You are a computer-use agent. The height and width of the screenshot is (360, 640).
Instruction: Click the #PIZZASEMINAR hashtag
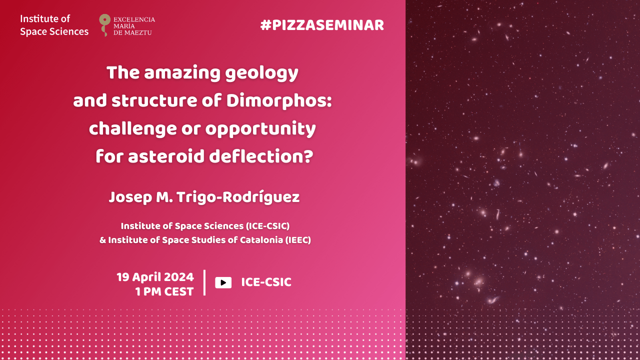(x=322, y=25)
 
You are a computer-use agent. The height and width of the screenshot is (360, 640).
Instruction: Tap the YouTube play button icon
(x=223, y=282)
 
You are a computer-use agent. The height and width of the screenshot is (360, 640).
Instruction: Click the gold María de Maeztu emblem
(x=104, y=25)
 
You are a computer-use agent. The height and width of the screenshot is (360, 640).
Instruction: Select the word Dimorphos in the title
(x=279, y=101)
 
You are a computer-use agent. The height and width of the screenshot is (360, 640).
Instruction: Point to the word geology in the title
(x=261, y=73)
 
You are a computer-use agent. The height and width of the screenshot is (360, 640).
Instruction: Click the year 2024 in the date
(x=179, y=277)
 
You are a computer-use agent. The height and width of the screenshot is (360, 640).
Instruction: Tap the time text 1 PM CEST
(x=164, y=291)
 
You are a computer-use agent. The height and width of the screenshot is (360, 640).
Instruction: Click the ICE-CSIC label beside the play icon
(x=266, y=282)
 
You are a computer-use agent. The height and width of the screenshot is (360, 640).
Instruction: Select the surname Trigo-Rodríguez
(x=238, y=197)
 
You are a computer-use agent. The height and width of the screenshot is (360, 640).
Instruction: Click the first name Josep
(x=130, y=197)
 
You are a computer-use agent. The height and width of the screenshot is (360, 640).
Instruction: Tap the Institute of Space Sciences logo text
(x=54, y=25)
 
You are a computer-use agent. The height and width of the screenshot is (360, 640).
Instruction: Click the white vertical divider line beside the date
(x=204, y=282)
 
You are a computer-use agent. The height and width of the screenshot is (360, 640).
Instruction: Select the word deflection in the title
(x=261, y=156)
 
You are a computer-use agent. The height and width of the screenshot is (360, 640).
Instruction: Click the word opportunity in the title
(x=260, y=129)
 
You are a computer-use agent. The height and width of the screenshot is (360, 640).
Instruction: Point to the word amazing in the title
(x=182, y=73)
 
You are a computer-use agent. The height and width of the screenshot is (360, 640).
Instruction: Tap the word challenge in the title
(x=133, y=129)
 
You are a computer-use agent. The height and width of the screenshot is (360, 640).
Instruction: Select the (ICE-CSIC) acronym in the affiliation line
(x=267, y=226)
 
